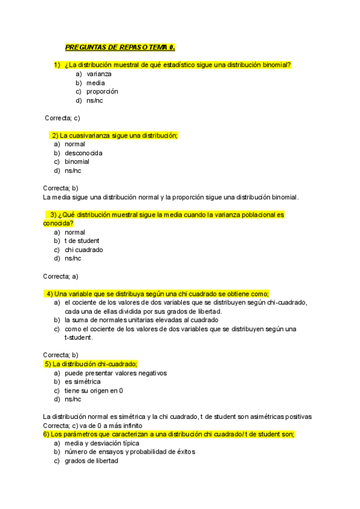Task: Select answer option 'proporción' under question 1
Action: (102, 92)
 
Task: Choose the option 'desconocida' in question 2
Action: (83, 153)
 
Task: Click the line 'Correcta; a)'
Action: (61, 276)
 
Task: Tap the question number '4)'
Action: (49, 294)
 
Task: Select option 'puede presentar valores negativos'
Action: (115, 373)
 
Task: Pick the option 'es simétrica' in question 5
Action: (83, 382)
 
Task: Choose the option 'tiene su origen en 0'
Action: (94, 390)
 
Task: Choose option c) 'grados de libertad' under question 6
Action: (91, 461)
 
